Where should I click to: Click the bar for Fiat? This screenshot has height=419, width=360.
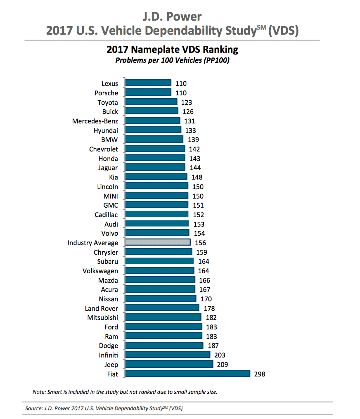coord(187,374)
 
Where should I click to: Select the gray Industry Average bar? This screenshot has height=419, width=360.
coord(157,243)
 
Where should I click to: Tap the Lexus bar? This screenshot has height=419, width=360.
coord(148,83)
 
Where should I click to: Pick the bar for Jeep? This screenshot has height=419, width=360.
coord(169,365)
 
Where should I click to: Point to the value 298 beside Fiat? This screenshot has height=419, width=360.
coord(259,374)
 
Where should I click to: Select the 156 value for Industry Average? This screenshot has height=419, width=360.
coord(200,243)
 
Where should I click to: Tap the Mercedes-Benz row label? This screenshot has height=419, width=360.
coord(95,121)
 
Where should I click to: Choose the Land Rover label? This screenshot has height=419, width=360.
coord(102,308)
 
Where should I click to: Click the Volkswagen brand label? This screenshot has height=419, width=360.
coord(100,271)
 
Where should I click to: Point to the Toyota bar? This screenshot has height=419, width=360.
coord(151,102)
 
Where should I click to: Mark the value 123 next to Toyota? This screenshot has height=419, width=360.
coord(187,102)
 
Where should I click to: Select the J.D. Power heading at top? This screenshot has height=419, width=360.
coord(172,17)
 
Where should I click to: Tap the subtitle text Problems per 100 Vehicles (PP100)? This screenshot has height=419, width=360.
coord(172,60)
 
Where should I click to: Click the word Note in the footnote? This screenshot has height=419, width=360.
coord(39,391)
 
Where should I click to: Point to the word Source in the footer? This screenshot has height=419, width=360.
coord(34,408)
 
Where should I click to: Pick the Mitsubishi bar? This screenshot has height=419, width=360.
coord(163,317)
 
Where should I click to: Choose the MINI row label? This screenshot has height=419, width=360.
coord(110,196)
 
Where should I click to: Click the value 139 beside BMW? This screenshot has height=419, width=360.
coord(193,140)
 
